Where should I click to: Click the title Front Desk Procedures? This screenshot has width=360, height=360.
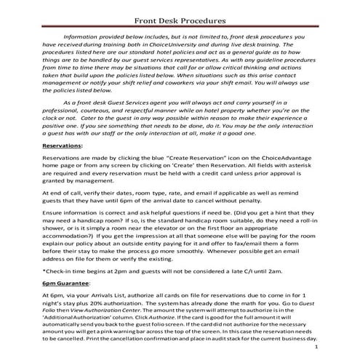(x=180, y=20)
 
